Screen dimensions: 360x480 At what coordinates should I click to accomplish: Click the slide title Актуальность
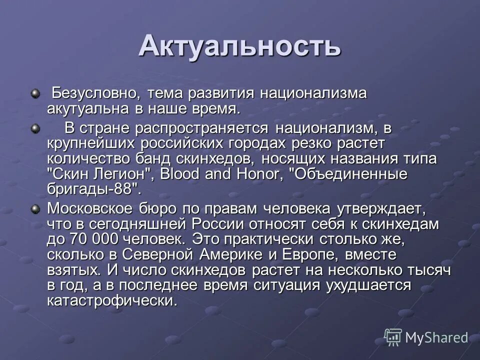(239, 46)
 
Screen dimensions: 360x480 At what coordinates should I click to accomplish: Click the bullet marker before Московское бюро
(35, 208)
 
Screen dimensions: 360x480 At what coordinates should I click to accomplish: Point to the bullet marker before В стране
(35, 129)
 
